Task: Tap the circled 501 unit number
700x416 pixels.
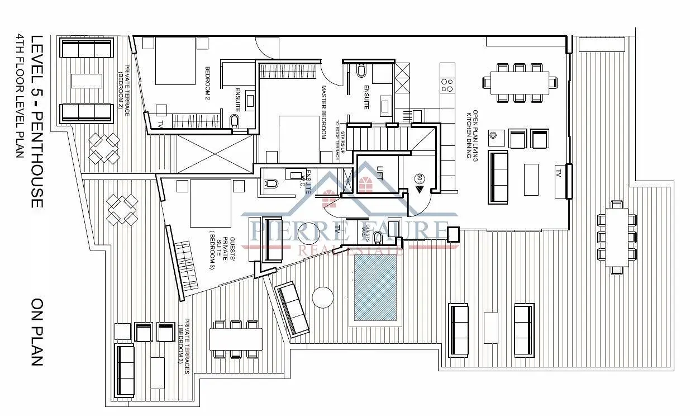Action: pos(419,179)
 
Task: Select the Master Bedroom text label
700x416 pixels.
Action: pos(324,112)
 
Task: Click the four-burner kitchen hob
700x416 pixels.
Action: pos(447,85)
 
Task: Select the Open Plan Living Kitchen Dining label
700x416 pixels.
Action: pos(473,135)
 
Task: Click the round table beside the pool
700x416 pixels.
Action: pos(323,297)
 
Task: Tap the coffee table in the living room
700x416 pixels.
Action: pos(531,179)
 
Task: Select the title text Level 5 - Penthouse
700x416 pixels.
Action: pos(37,121)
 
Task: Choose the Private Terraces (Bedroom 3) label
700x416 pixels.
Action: pos(184,347)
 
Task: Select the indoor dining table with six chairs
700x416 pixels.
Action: pos(520,82)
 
